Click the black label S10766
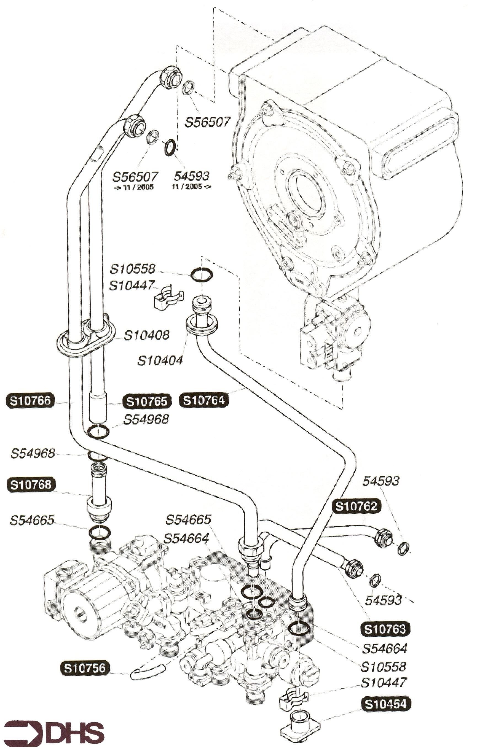coord(30,401)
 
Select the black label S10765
coord(147,401)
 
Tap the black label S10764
coord(204,400)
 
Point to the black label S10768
coord(31,485)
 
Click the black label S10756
coord(85,668)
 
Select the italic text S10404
coord(160,361)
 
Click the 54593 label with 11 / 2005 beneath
coord(191,176)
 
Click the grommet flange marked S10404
coord(201,325)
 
